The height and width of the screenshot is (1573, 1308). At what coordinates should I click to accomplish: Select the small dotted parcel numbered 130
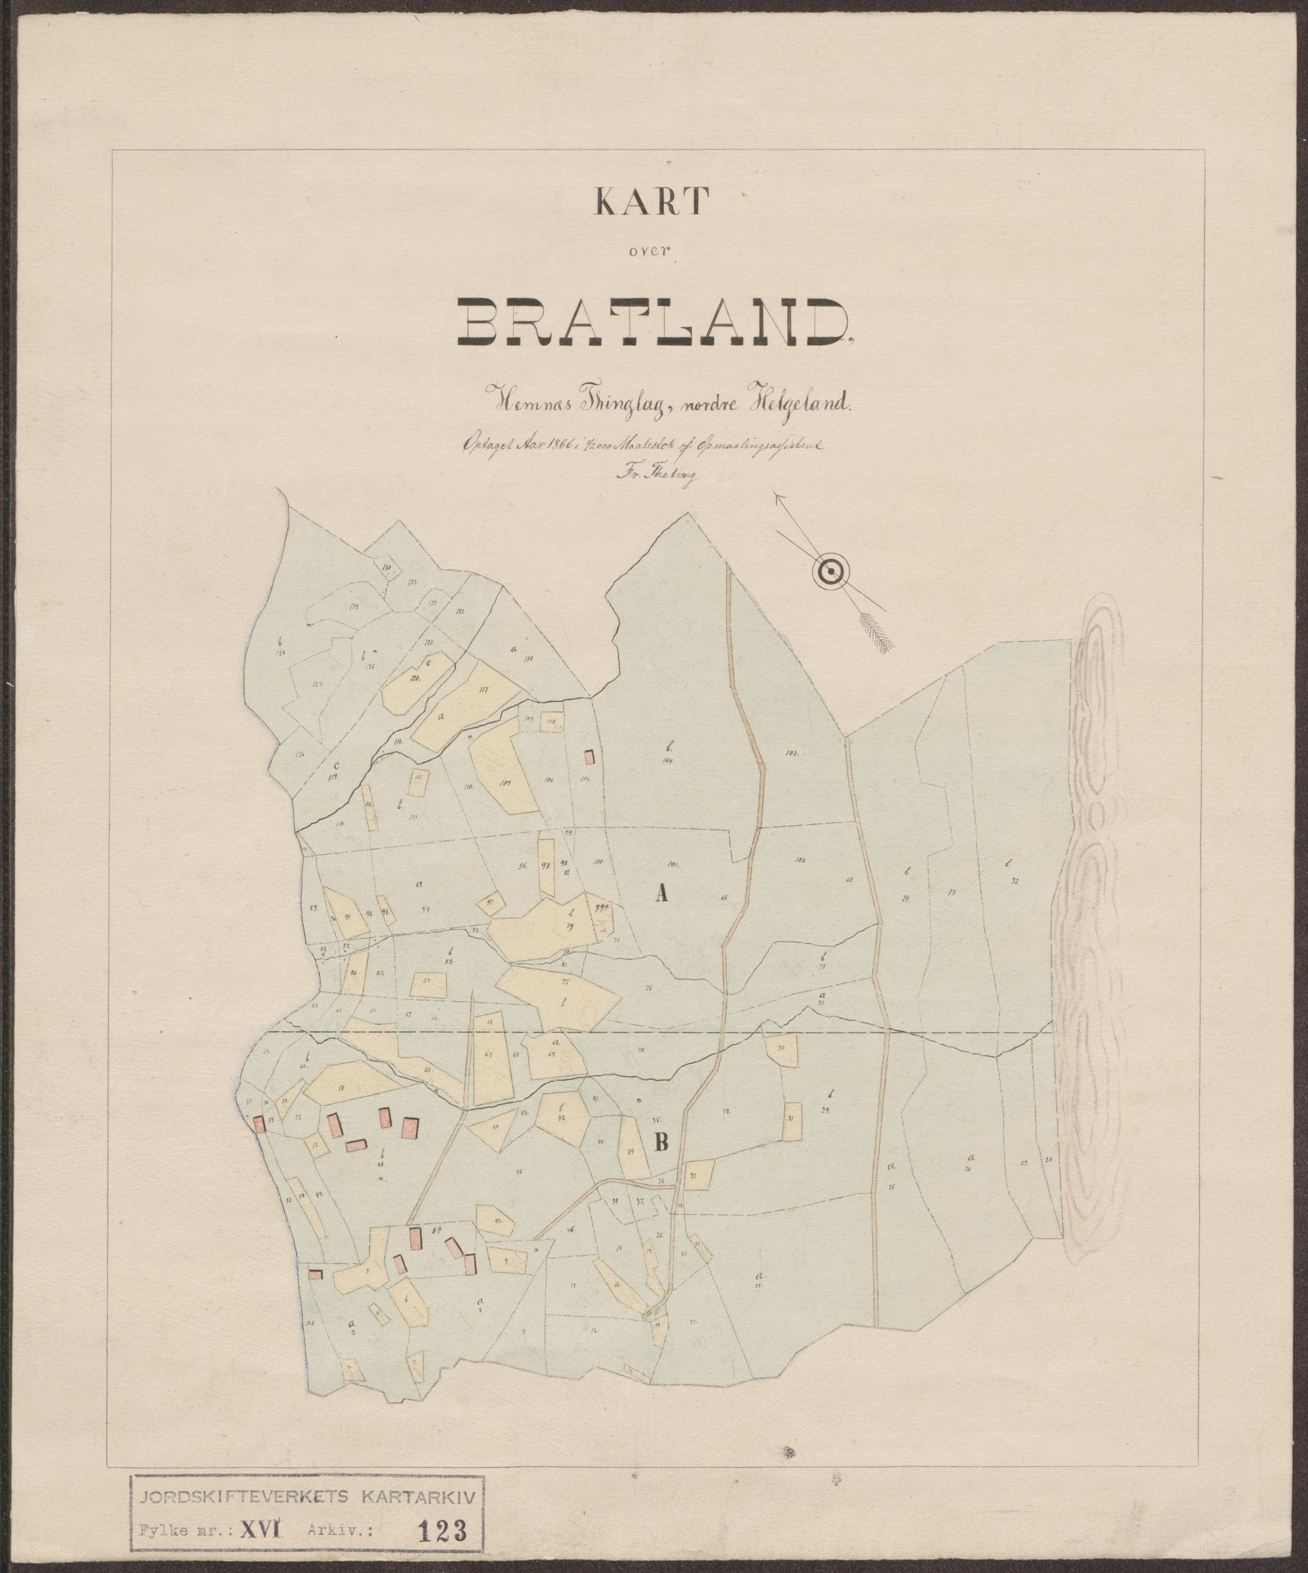[386, 569]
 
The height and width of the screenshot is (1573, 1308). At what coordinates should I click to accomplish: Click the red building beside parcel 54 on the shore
[260, 1123]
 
